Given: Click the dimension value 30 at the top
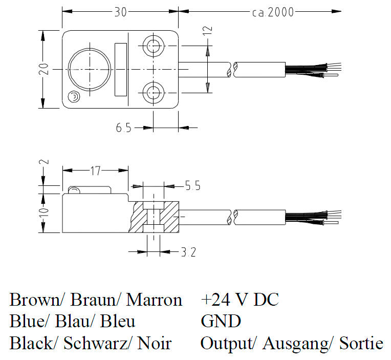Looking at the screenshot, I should point(120,12).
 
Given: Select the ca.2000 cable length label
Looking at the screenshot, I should point(273,12).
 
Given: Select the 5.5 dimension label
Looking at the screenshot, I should point(192,186).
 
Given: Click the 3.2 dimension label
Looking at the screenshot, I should point(188,251).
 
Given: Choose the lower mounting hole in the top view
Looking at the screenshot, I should point(153,93).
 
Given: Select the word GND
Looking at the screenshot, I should point(221,321).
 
